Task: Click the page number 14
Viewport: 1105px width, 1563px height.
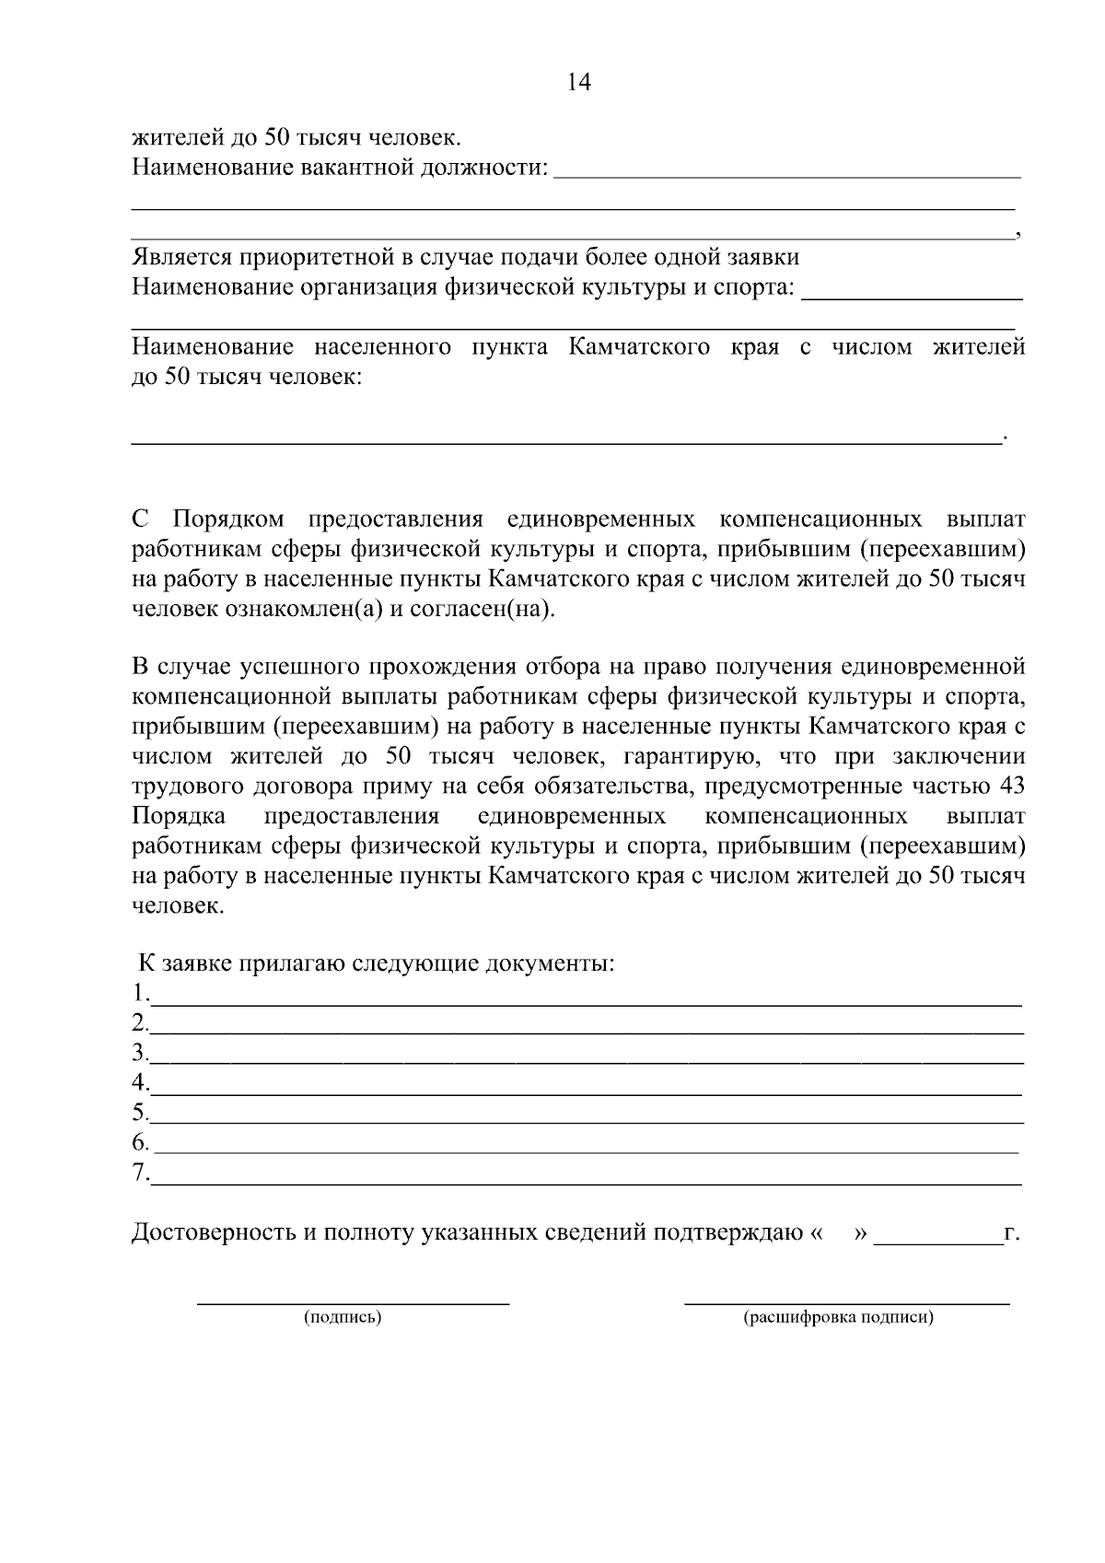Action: tap(579, 83)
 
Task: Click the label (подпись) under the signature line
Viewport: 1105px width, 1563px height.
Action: tap(343, 1317)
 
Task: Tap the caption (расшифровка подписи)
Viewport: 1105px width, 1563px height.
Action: tap(839, 1317)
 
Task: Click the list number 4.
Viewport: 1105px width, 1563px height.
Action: tap(139, 1081)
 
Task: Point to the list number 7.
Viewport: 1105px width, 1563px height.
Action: tap(139, 1172)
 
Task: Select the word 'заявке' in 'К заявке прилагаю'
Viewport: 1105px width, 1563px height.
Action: tap(197, 964)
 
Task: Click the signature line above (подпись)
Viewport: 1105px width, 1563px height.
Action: tap(354, 1301)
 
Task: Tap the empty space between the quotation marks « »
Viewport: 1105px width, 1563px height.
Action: tap(838, 1232)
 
